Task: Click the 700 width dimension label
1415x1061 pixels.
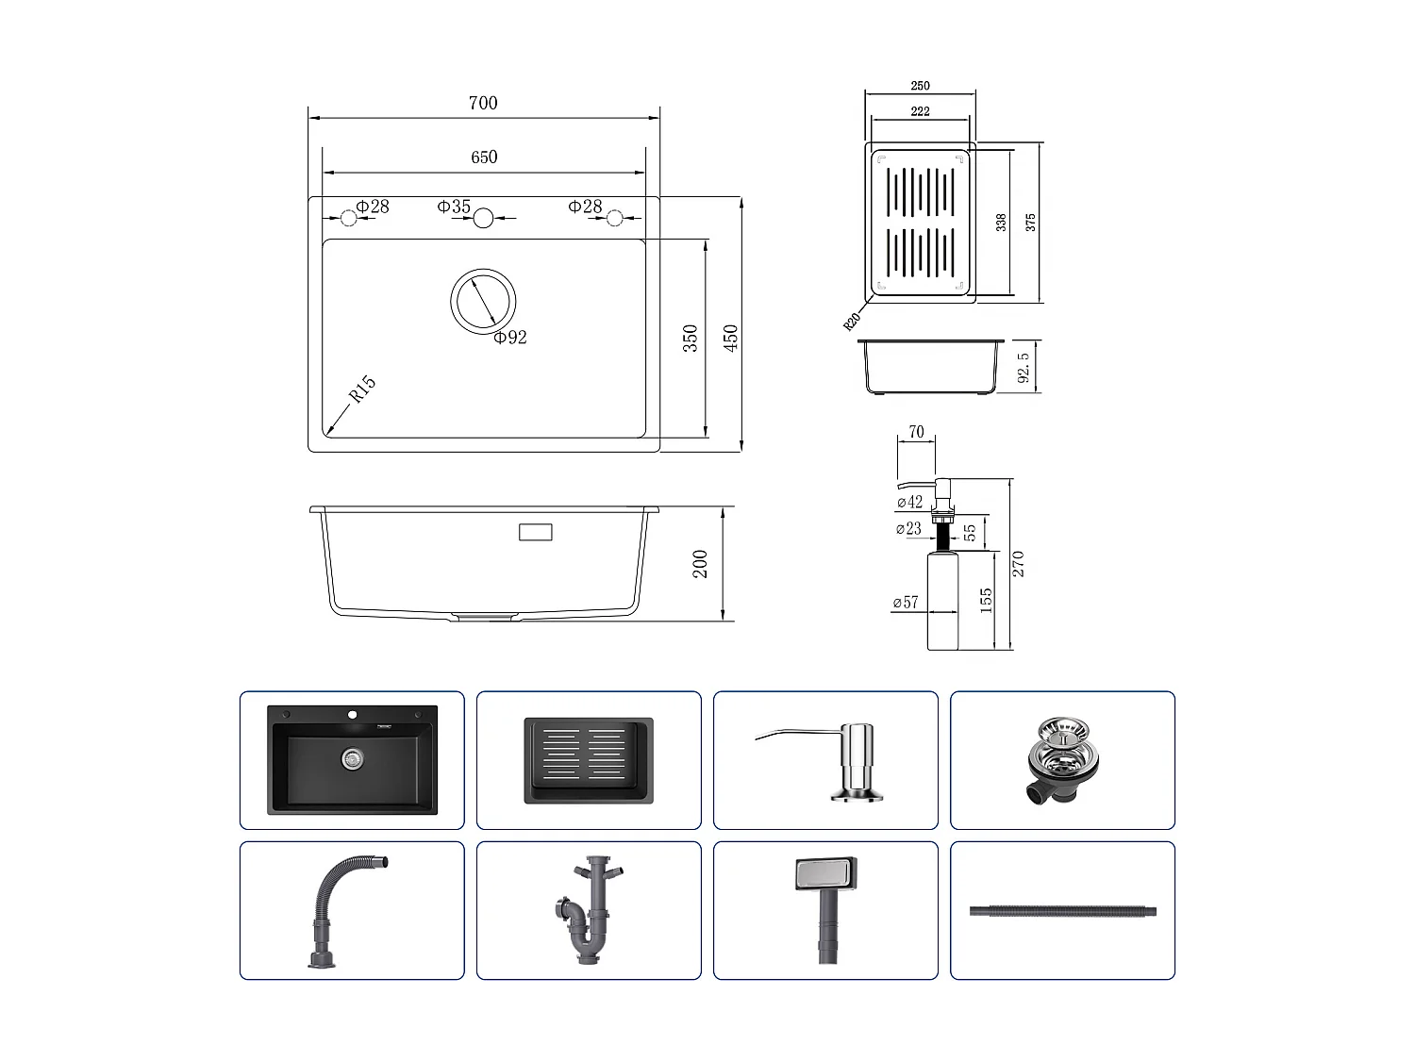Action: click(483, 103)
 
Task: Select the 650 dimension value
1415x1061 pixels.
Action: click(484, 157)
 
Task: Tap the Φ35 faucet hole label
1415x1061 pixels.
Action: click(454, 207)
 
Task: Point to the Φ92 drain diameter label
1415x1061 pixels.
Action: click(509, 338)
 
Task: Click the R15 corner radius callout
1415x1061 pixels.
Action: click(362, 390)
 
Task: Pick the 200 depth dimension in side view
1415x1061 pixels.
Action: click(700, 564)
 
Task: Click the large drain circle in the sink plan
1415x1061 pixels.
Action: click(483, 301)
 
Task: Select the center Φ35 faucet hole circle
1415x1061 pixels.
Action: click(483, 219)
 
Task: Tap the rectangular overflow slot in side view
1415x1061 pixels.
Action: click(536, 532)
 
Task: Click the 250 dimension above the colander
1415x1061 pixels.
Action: click(921, 86)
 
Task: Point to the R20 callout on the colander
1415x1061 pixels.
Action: click(852, 321)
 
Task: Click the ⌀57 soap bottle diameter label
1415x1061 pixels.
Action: click(906, 602)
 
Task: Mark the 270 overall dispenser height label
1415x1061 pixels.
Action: click(1018, 564)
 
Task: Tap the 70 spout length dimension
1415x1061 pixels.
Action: click(916, 433)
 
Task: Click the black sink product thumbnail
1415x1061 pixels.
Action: click(352, 760)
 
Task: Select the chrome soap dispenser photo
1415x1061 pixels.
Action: click(825, 760)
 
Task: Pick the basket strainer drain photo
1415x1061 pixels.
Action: click(1062, 760)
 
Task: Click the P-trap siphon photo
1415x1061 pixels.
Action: click(589, 910)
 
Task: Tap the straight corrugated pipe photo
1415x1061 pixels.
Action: click(1062, 912)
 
